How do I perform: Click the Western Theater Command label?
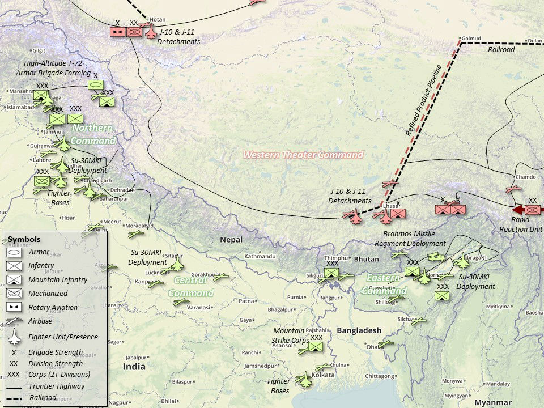point(303,155)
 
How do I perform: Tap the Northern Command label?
point(93,134)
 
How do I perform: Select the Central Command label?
point(191,287)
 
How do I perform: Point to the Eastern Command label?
point(385,284)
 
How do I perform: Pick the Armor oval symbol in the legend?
point(14,252)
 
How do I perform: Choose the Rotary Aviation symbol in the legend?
point(14,307)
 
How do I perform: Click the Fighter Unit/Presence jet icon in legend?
point(14,337)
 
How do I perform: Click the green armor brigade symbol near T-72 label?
point(95,85)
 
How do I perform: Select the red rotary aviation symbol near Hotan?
point(117,32)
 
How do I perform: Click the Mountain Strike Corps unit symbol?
point(315,347)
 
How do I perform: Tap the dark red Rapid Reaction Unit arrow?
point(516,209)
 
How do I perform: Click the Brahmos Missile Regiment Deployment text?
point(410,239)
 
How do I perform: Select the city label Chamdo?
point(525,177)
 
